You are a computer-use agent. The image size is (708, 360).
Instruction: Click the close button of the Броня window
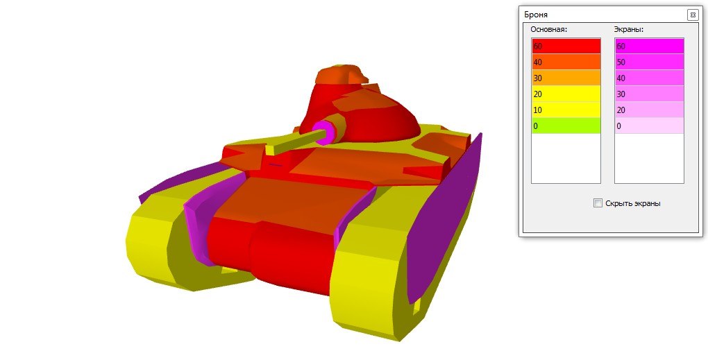click(693, 15)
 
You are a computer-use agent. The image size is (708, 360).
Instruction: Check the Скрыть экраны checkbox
click(598, 203)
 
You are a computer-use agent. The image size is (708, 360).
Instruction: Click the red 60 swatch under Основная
click(566, 46)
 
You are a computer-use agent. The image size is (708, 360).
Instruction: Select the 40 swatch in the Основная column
click(566, 62)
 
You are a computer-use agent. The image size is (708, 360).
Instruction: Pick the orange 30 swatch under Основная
click(566, 78)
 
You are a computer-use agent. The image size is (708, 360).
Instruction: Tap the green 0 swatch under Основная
click(566, 126)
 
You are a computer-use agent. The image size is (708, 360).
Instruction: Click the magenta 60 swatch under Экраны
click(649, 46)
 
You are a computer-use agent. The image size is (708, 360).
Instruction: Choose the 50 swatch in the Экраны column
click(649, 62)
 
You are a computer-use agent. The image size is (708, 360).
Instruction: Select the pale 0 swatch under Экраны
click(649, 126)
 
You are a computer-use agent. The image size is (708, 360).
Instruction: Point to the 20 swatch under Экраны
click(649, 110)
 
